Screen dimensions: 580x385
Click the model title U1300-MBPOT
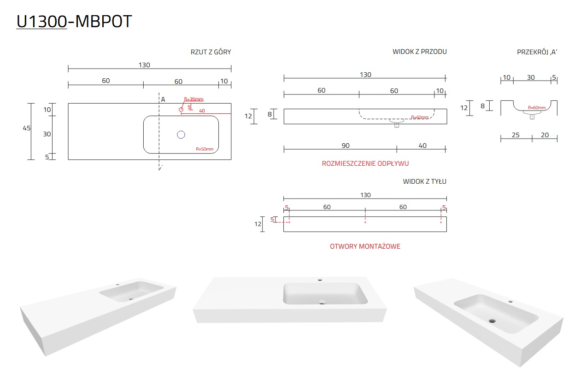click(x=74, y=21)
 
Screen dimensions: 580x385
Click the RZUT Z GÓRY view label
click(x=211, y=52)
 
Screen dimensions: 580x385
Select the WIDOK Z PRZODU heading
click(x=420, y=52)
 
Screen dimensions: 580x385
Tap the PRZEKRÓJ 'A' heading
click(x=537, y=52)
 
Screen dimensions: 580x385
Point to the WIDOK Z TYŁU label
click(x=425, y=181)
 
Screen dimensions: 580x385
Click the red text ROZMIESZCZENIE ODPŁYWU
click(x=365, y=163)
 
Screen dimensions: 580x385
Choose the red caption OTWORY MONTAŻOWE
click(x=365, y=246)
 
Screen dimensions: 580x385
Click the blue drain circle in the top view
click(x=181, y=134)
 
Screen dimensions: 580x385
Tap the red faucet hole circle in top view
click(x=181, y=110)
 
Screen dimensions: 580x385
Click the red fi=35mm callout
click(x=193, y=99)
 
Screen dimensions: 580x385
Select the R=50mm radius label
click(x=205, y=149)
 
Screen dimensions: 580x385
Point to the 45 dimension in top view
click(x=26, y=128)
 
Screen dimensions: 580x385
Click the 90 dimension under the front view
click(x=346, y=146)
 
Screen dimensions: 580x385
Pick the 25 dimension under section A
click(x=516, y=135)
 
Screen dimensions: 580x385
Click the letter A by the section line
click(x=163, y=99)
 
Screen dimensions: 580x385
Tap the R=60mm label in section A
click(x=537, y=107)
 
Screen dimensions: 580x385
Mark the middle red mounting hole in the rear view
click(x=365, y=222)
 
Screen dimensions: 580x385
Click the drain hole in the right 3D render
click(x=492, y=321)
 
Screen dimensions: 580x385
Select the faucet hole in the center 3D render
click(x=320, y=280)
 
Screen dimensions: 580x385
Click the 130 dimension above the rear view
click(x=365, y=195)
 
